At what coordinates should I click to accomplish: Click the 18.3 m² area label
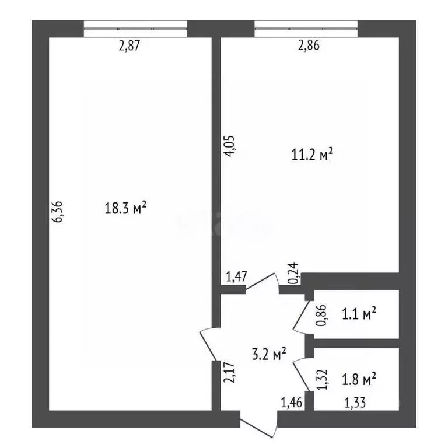pos(124,208)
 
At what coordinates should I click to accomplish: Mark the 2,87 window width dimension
pos(131,47)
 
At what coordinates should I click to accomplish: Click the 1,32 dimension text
pos(320,380)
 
